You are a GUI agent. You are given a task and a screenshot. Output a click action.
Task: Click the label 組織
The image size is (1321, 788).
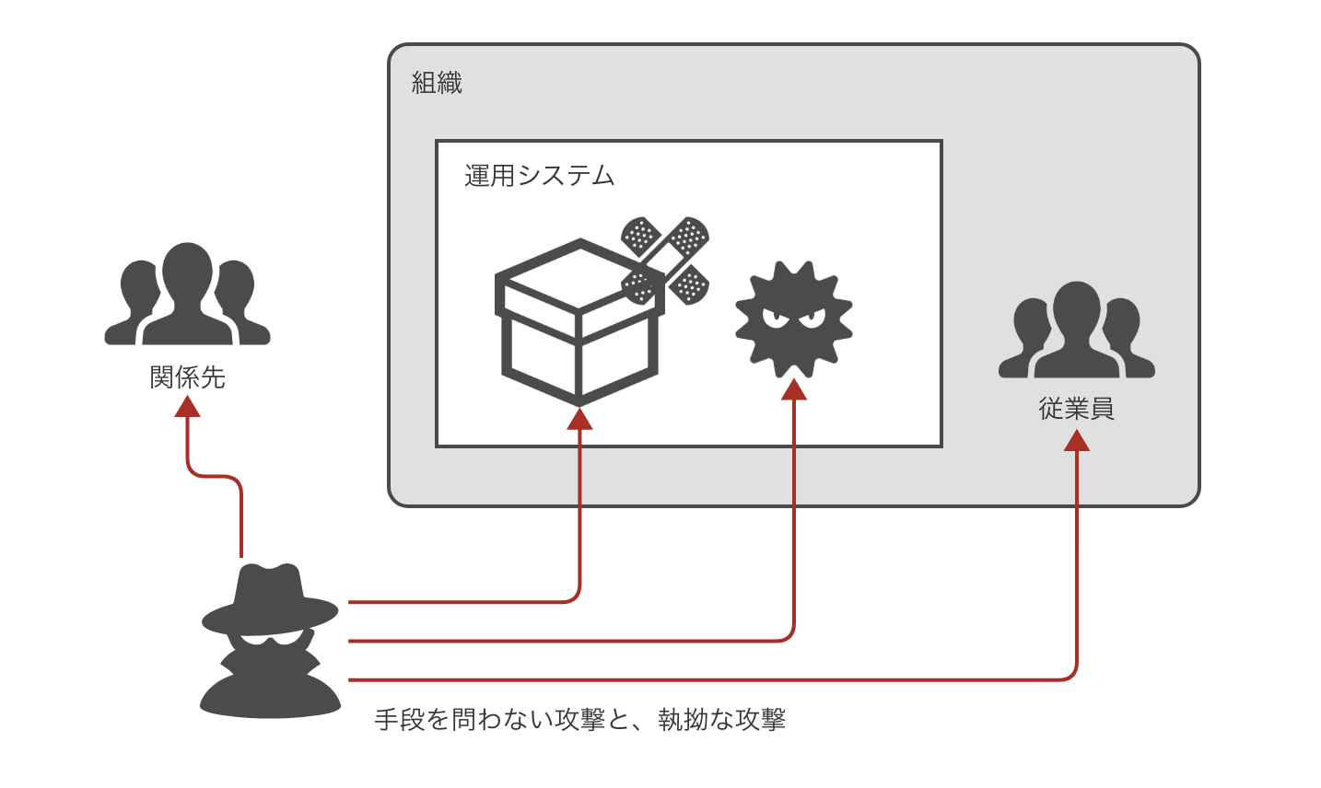click(x=437, y=84)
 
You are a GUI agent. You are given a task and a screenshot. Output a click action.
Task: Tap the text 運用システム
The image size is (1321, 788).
click(x=539, y=176)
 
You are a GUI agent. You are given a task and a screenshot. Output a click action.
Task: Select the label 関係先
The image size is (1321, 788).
click(x=188, y=377)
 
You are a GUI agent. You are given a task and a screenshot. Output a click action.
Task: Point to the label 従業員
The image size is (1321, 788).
click(x=1077, y=409)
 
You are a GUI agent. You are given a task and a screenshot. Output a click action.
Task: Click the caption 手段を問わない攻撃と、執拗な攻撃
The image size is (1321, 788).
click(x=580, y=720)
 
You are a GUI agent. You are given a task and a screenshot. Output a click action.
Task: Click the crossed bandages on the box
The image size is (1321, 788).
click(x=665, y=261)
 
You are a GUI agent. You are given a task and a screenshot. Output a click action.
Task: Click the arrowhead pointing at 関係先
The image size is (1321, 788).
click(x=188, y=406)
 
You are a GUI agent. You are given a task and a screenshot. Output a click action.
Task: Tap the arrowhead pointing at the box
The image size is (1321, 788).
click(x=579, y=419)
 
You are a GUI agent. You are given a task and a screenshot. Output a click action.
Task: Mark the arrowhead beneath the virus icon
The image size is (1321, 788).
click(x=794, y=389)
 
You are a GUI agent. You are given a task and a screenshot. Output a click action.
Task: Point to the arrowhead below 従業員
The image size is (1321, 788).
click(x=1077, y=440)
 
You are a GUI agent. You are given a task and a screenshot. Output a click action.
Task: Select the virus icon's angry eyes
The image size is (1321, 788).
click(x=793, y=318)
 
